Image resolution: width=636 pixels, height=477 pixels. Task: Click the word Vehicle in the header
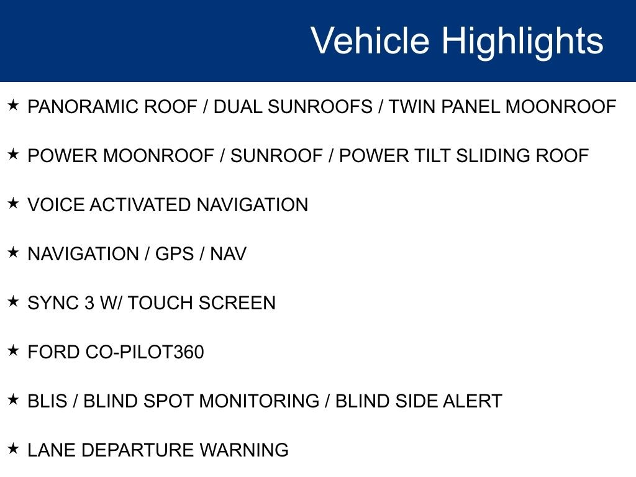pyautogui.click(x=370, y=40)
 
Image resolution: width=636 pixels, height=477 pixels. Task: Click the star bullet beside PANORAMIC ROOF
pyautogui.click(x=14, y=105)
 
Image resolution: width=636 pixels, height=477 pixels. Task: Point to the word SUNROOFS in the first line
pyautogui.click(x=320, y=107)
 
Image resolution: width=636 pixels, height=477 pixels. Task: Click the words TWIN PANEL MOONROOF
pyautogui.click(x=502, y=107)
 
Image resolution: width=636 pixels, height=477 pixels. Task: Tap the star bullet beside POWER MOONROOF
pyautogui.click(x=14, y=154)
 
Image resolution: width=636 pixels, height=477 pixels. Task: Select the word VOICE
pyautogui.click(x=56, y=205)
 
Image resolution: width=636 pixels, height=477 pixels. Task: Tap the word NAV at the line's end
pyautogui.click(x=229, y=254)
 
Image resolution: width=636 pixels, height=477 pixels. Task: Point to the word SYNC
pyautogui.click(x=53, y=303)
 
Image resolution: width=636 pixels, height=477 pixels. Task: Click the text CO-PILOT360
pyautogui.click(x=145, y=352)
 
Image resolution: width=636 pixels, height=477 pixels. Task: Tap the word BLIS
pyautogui.click(x=47, y=401)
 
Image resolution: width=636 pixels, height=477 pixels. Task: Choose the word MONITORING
pyautogui.click(x=259, y=401)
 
